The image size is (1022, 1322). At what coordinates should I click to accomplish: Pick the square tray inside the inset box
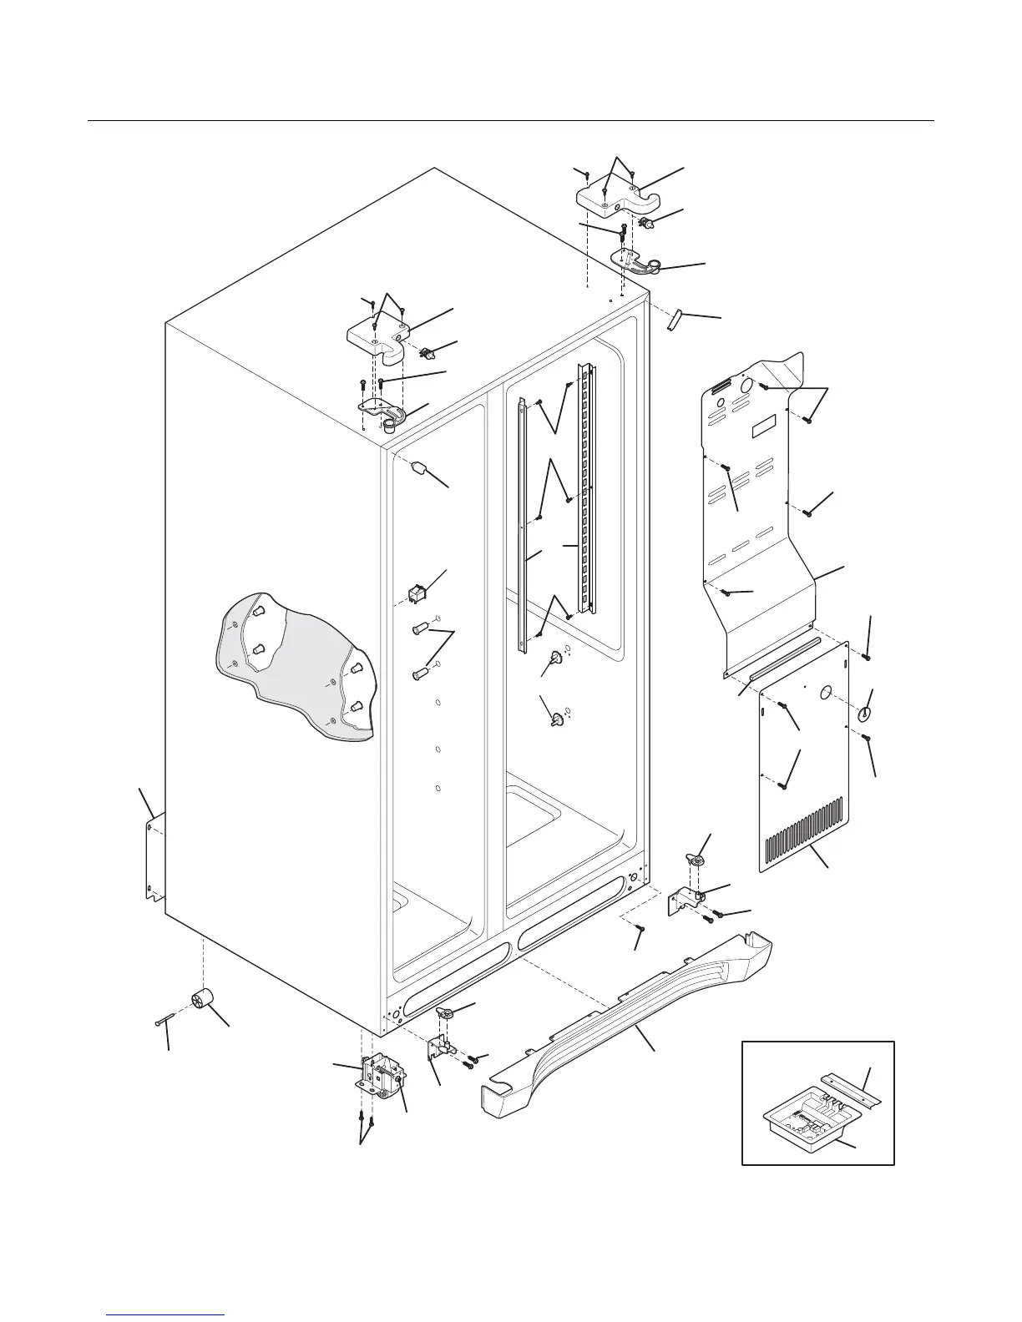point(805,1123)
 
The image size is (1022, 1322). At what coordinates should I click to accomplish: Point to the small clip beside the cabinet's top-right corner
point(675,319)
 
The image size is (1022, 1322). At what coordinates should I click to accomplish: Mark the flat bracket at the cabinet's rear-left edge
point(153,860)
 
